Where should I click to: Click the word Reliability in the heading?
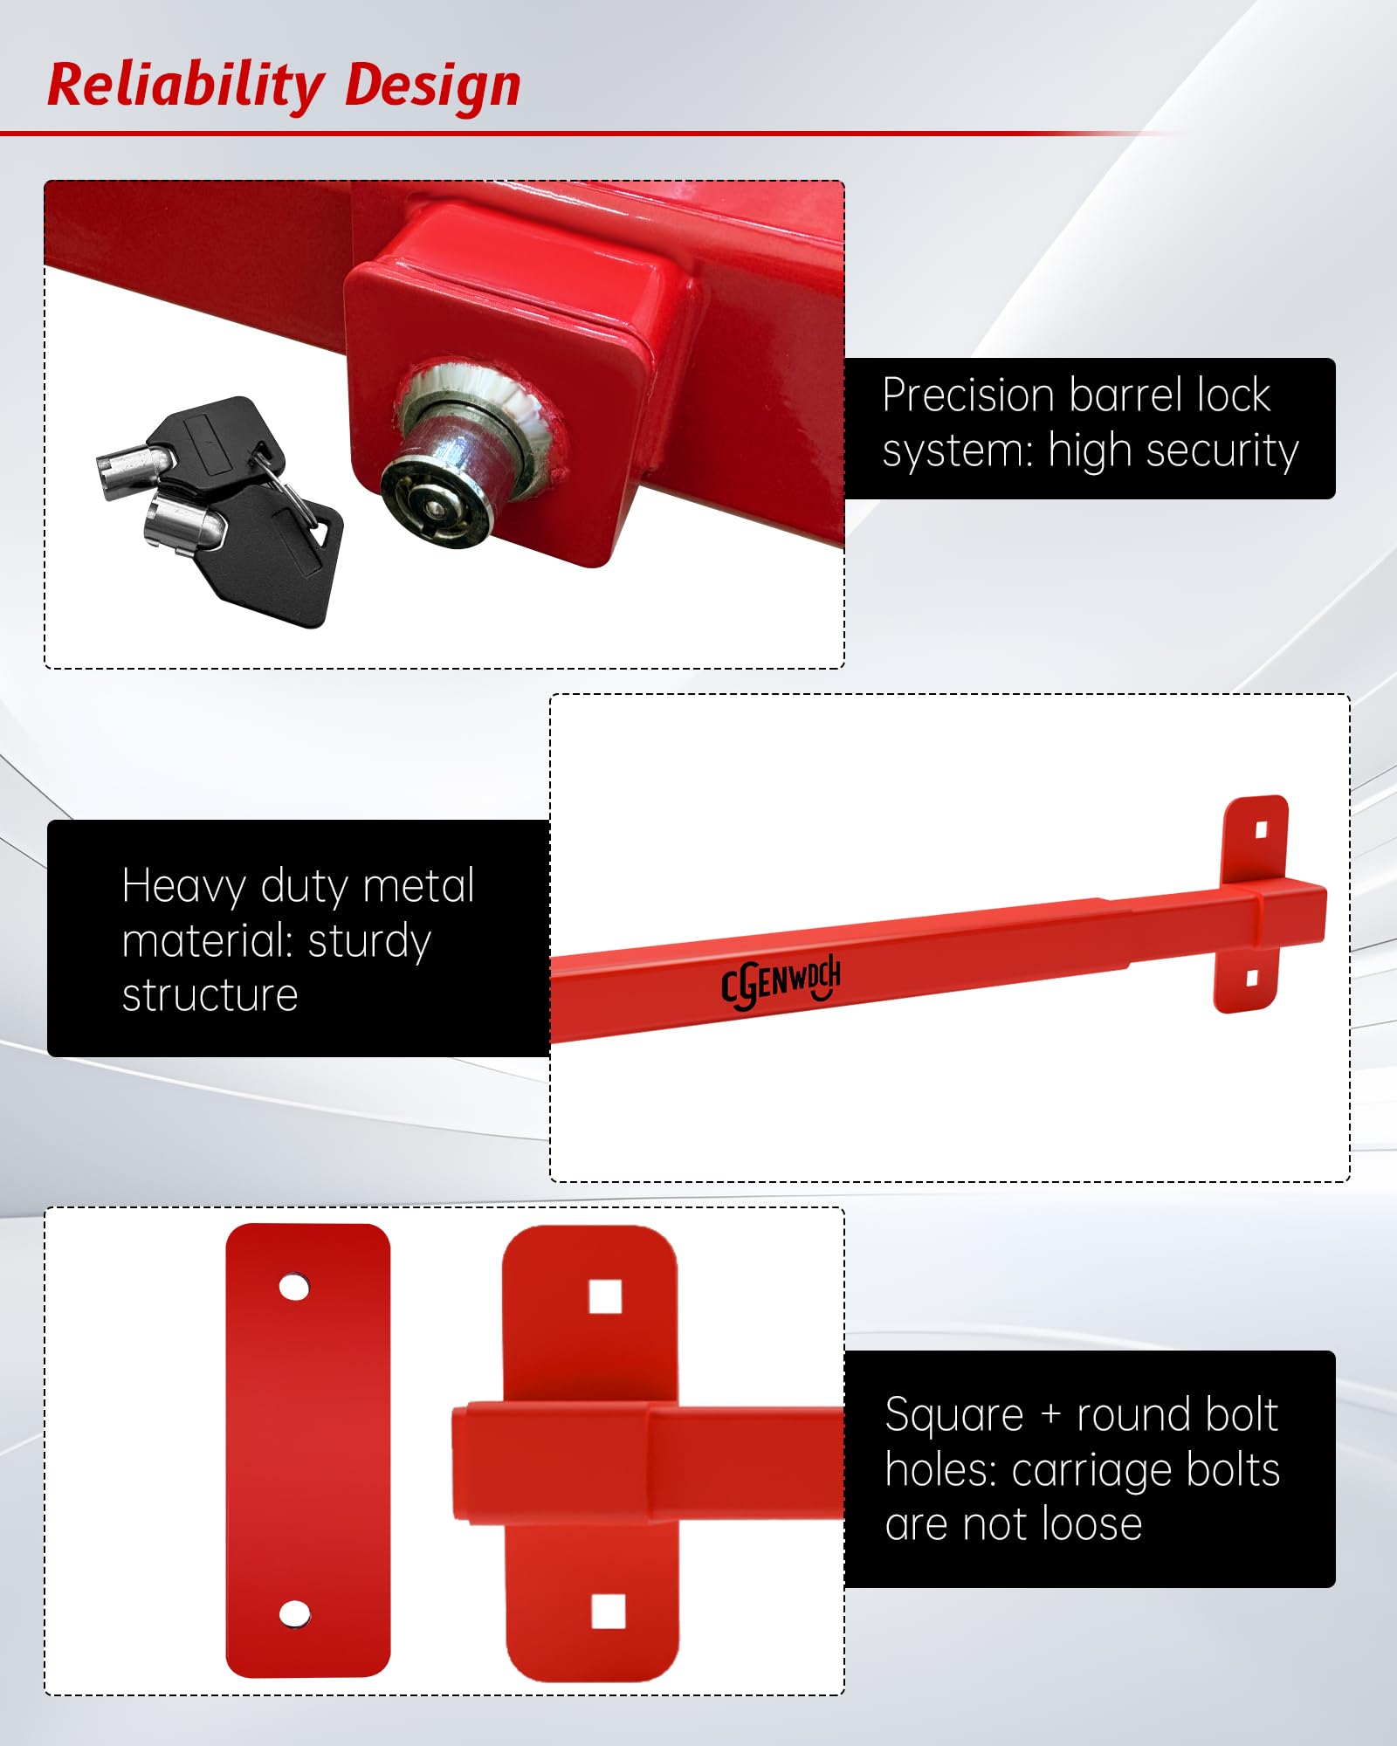[x=185, y=86]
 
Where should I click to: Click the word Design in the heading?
[x=433, y=86]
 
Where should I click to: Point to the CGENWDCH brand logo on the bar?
[x=781, y=982]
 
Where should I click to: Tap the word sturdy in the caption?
[x=369, y=943]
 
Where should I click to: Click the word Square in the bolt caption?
[x=953, y=1415]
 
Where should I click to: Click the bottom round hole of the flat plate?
[x=294, y=1614]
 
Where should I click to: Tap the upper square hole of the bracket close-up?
[x=605, y=1296]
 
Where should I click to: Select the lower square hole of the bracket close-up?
[x=609, y=1612]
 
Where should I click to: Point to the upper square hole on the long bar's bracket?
[x=1261, y=829]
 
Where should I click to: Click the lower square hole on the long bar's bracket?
[x=1252, y=979]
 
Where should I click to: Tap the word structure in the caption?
[x=210, y=996]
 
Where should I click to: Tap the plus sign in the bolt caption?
[x=1050, y=1416]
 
